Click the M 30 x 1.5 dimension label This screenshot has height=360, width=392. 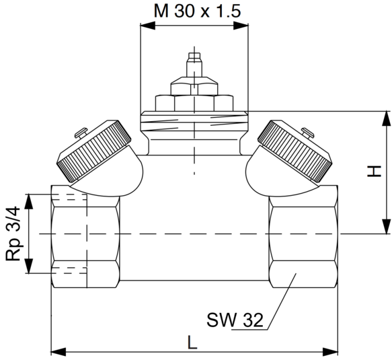(197, 11)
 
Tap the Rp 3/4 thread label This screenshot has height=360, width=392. (13, 233)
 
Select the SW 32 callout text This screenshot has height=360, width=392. (235, 320)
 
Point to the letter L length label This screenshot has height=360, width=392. (192, 342)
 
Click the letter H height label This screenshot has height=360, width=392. (375, 171)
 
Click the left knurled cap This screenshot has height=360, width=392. (95, 151)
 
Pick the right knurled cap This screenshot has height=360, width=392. (295, 151)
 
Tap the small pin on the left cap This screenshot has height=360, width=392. (81, 133)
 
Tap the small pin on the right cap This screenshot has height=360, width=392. (308, 133)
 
